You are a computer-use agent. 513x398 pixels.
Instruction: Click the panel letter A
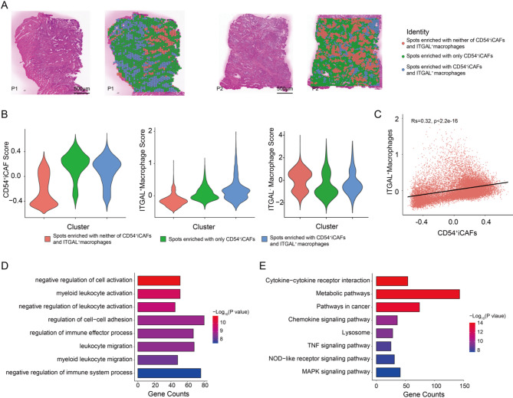coord(7,5)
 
